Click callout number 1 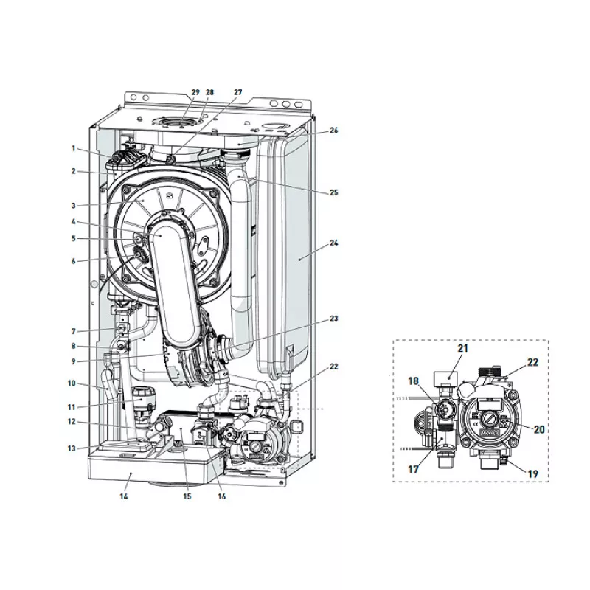click(x=73, y=148)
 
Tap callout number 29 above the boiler click(x=195, y=92)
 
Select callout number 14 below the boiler click(x=124, y=496)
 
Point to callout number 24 click(x=334, y=243)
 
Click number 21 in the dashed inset click(x=463, y=348)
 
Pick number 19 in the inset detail click(x=532, y=473)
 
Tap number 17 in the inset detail click(x=414, y=469)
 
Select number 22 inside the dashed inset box click(x=532, y=362)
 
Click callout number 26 click(x=334, y=131)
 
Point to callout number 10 click(x=72, y=383)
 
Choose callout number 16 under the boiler click(x=222, y=496)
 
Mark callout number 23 click(x=334, y=319)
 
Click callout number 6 click(x=73, y=261)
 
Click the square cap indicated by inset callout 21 click(x=446, y=377)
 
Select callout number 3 click(x=73, y=206)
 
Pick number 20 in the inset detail click(x=539, y=429)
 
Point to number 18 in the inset click(x=414, y=381)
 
